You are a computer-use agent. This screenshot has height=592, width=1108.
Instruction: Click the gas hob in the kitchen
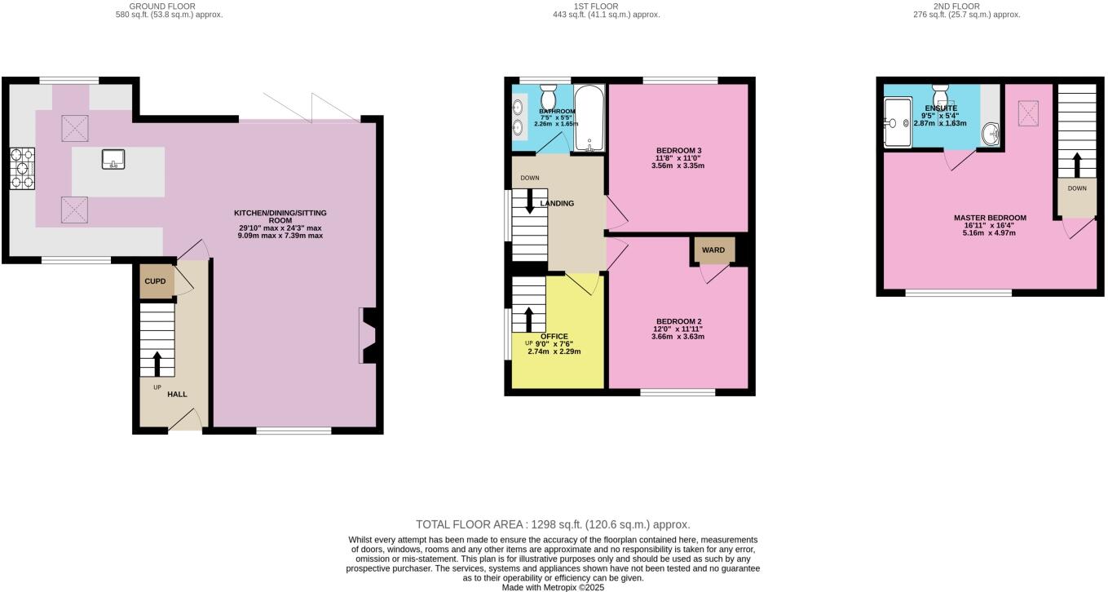click(x=21, y=169)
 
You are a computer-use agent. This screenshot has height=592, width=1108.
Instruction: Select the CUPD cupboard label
click(x=155, y=281)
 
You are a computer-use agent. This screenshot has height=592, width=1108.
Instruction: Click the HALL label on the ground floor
click(x=177, y=394)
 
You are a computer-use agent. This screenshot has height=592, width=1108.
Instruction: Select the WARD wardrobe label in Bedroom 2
click(x=713, y=250)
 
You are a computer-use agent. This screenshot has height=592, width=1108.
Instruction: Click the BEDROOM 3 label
click(x=678, y=150)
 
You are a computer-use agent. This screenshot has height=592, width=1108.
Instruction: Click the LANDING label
click(x=557, y=203)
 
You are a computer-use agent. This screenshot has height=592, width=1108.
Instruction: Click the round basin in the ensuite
click(x=991, y=133)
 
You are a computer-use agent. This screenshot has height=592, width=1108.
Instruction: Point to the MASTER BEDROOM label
click(x=990, y=218)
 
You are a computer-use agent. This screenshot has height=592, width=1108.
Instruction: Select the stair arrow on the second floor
click(x=1076, y=164)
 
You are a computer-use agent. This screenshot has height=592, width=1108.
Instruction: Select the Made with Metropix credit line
click(x=553, y=586)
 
